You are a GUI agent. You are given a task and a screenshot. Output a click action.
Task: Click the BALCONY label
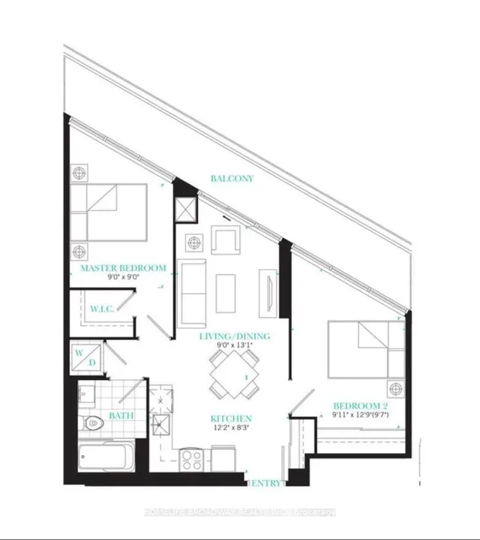click(232, 179)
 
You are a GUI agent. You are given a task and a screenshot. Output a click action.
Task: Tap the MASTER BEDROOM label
click(122, 268)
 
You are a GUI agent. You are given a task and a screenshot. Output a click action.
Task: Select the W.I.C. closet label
click(101, 309)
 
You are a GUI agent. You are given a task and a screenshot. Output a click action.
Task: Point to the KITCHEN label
click(231, 418)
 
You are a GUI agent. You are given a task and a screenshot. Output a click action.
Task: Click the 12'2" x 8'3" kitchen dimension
click(231, 428)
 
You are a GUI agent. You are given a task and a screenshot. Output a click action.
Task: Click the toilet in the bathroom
click(91, 423)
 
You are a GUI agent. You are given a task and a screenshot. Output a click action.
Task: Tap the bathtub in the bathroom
click(107, 455)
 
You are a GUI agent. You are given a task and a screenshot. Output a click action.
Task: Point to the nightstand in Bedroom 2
click(394, 388)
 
